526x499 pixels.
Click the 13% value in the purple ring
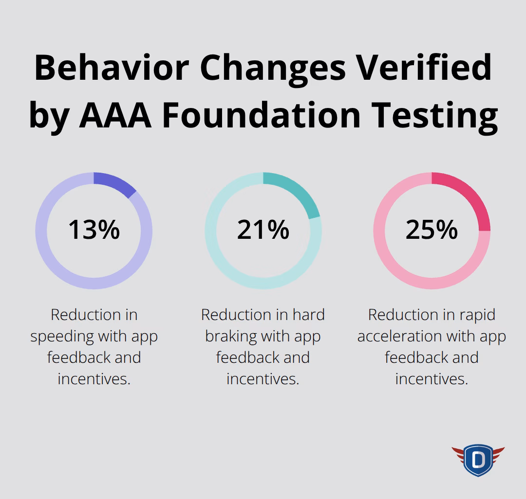[94, 230]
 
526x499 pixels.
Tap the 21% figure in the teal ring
[263, 230]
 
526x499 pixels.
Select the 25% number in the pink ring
[432, 230]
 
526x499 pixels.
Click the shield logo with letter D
[478, 459]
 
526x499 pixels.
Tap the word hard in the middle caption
[306, 315]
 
